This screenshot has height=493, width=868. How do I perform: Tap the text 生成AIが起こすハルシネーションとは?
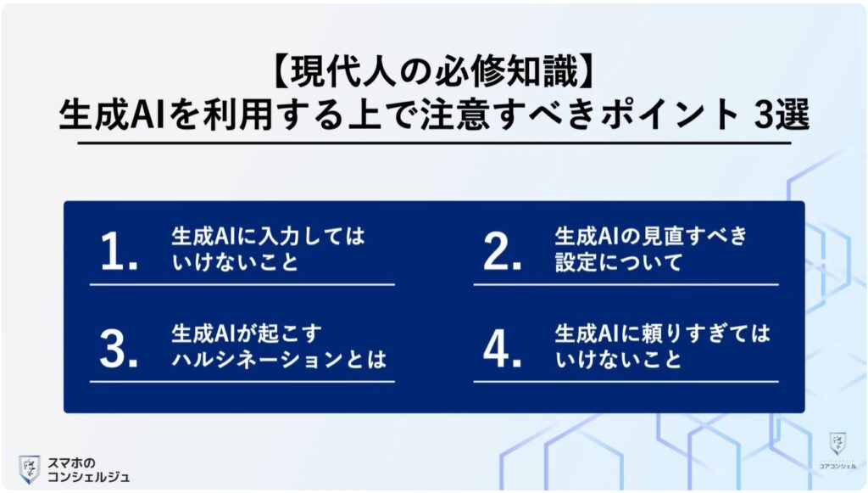279,346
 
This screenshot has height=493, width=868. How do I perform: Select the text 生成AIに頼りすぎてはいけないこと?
662,346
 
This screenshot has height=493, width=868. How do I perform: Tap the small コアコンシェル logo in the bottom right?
837,451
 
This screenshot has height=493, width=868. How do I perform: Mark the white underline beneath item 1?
242,285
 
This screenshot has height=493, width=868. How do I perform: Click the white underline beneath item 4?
626,382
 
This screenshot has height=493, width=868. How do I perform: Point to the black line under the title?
433,143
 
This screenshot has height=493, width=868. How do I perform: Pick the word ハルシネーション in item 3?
254,359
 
